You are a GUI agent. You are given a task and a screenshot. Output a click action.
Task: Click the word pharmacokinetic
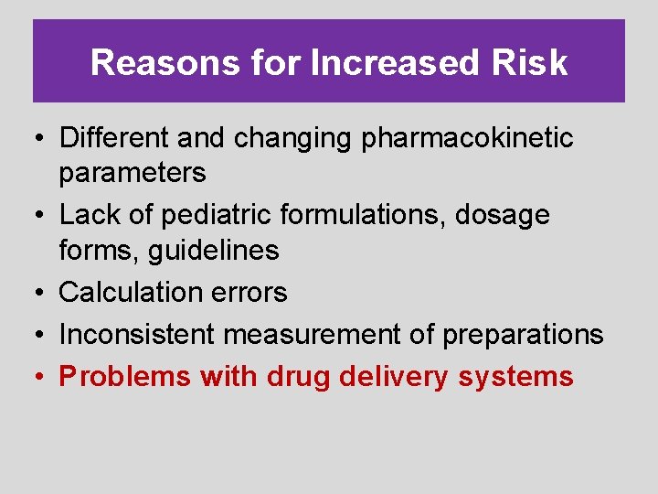(468, 138)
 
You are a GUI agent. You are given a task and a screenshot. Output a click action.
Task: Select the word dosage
(501, 215)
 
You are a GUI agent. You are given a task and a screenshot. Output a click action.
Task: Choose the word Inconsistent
(137, 335)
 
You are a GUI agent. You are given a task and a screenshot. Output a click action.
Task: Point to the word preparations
(523, 335)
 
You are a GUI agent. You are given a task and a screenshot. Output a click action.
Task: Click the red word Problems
(125, 377)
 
